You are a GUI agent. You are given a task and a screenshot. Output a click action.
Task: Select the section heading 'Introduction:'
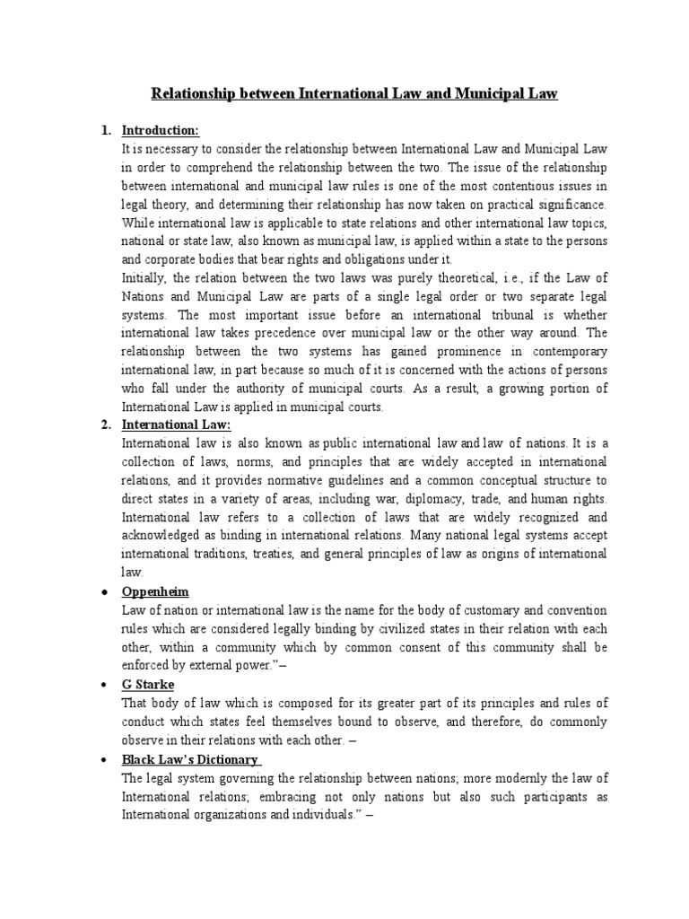coord(160,131)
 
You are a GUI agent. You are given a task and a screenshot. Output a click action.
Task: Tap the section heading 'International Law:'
coord(177,424)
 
